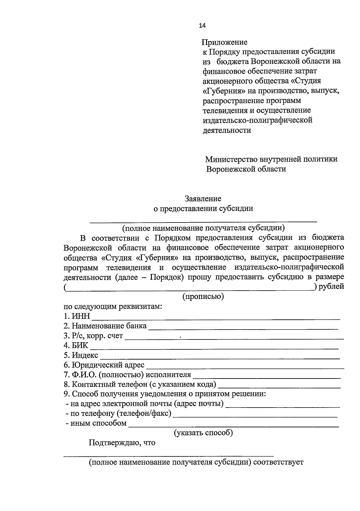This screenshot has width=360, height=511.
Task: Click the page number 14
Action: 202,26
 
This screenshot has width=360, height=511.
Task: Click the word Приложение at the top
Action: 224,42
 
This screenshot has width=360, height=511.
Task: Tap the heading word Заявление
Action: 203,199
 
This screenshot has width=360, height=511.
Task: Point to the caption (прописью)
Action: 203,297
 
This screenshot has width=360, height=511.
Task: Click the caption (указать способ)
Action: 203,433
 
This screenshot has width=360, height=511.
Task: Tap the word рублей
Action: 331,287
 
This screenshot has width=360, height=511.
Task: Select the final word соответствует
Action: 278,462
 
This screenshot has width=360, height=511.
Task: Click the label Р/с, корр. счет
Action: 93,336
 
